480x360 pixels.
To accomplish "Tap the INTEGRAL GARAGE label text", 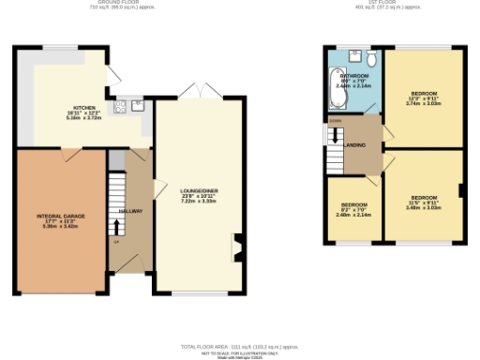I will tap(61, 217).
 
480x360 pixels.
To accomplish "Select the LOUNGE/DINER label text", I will tap(199, 190).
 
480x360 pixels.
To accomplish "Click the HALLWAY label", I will tap(130, 211).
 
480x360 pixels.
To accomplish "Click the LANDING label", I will tap(355, 144).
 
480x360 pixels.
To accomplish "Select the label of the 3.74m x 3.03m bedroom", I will tap(424, 94).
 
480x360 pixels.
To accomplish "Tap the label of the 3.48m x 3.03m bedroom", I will tap(424, 198).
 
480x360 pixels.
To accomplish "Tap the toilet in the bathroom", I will tap(372, 59).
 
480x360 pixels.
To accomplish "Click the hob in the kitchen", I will tap(121, 107).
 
